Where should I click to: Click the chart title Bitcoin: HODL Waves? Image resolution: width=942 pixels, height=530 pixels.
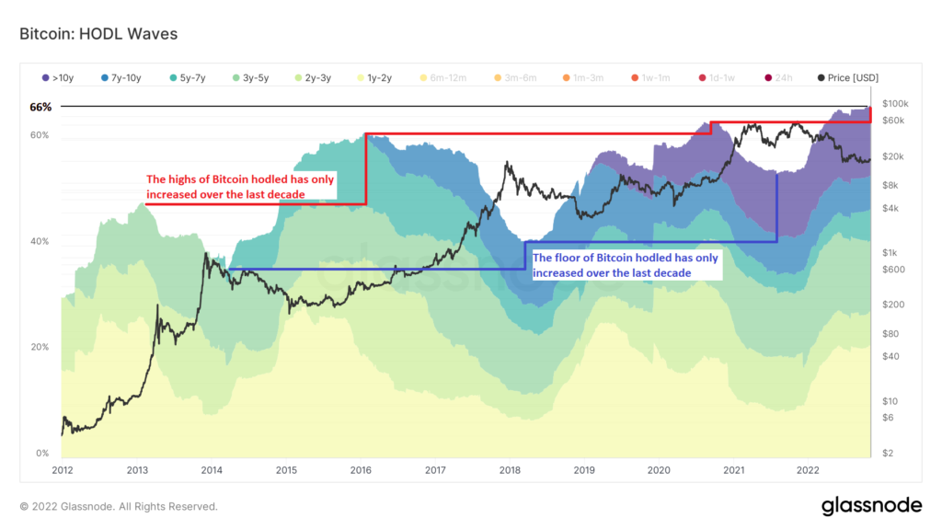98,34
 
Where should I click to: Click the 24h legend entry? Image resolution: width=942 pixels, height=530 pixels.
783,78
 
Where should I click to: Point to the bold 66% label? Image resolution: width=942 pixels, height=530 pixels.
40,107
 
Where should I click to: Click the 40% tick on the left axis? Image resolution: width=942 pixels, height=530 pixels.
40,241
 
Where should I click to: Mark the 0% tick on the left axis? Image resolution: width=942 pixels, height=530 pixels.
43,453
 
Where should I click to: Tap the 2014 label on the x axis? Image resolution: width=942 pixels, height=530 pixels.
212,470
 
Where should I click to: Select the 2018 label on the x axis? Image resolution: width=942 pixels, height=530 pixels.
510,470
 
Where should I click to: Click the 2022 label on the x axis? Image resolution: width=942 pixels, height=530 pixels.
808,470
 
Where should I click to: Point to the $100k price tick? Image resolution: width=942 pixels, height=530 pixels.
894,104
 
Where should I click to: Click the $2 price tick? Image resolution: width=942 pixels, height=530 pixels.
888,453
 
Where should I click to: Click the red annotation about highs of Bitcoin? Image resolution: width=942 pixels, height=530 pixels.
241,187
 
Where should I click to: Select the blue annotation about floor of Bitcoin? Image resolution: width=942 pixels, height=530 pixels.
626,265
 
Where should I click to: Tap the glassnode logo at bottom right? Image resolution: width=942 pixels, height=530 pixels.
870,505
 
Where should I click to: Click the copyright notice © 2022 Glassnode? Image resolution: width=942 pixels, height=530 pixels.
119,506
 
